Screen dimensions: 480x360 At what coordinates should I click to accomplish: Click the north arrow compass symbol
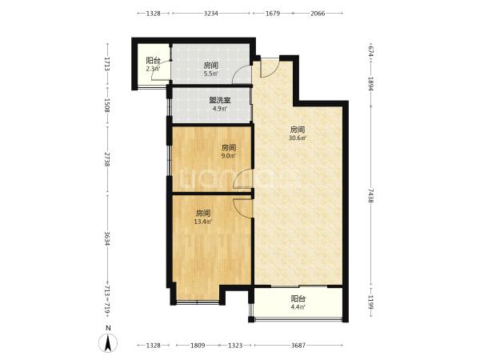tap(108, 342)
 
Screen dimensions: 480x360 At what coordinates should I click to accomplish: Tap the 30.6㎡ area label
tap(298, 138)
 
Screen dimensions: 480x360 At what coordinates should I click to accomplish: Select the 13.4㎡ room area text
tap(203, 222)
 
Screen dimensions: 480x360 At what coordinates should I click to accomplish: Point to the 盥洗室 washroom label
tap(220, 100)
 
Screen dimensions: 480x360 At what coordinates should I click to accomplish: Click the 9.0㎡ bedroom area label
tap(228, 156)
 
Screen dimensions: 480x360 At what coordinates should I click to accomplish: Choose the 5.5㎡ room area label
tap(211, 74)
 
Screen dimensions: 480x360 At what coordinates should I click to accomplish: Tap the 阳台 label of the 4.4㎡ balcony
tap(298, 298)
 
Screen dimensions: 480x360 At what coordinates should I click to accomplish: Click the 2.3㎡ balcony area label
tap(153, 69)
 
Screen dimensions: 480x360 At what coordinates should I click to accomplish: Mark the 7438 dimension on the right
tap(370, 195)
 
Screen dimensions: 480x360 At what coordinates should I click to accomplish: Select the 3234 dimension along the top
tap(211, 13)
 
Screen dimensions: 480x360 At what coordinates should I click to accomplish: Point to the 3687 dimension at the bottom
tap(298, 346)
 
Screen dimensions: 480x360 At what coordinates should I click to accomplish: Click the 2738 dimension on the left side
tap(107, 159)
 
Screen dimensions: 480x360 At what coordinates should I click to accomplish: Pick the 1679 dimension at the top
tap(273, 13)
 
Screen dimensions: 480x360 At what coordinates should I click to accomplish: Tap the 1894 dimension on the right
tap(370, 83)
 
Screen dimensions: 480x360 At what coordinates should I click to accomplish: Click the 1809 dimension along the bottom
tap(198, 346)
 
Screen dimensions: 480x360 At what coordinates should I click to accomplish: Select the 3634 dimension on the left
tap(107, 238)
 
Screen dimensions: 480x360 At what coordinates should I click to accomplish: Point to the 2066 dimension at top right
tap(318, 13)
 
